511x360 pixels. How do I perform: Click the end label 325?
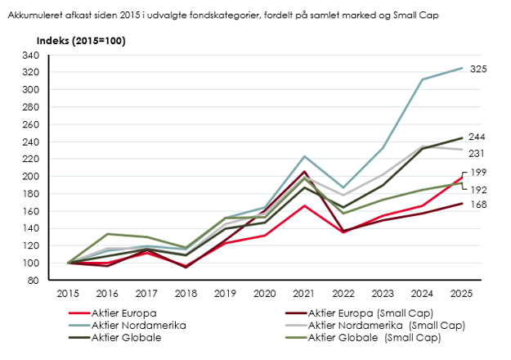pos(479,70)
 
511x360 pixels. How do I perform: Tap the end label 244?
pos(479,136)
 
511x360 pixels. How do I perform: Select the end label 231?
pos(479,153)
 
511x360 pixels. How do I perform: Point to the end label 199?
pos(479,172)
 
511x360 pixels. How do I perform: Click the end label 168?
pos(479,205)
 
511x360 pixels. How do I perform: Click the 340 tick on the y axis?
pos(53,56)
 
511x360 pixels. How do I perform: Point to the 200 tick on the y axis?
pos(53,176)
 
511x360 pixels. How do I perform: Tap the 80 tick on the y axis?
pos(56,280)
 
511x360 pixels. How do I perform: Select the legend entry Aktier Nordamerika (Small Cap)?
pos(385,326)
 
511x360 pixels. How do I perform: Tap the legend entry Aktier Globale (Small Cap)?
pos(374,338)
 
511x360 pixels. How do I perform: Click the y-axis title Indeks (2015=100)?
pos(80,41)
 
